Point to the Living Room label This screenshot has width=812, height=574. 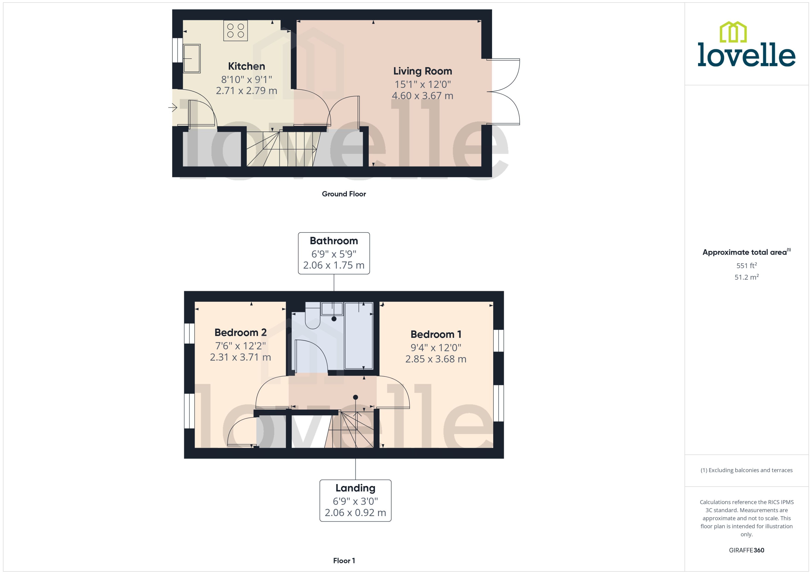[422, 71]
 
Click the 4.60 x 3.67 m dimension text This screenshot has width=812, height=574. [422, 96]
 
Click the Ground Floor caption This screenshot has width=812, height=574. [344, 194]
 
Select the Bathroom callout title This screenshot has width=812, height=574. [334, 241]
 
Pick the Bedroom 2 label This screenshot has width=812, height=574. [240, 333]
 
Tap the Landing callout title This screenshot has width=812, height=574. [355, 488]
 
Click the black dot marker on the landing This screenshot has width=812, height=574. [356, 397]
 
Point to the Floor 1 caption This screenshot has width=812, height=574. [344, 561]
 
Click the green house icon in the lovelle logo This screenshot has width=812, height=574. [733, 32]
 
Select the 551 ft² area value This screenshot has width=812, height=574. [747, 265]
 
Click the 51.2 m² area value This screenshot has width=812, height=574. [747, 277]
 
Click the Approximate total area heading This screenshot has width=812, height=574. [745, 252]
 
